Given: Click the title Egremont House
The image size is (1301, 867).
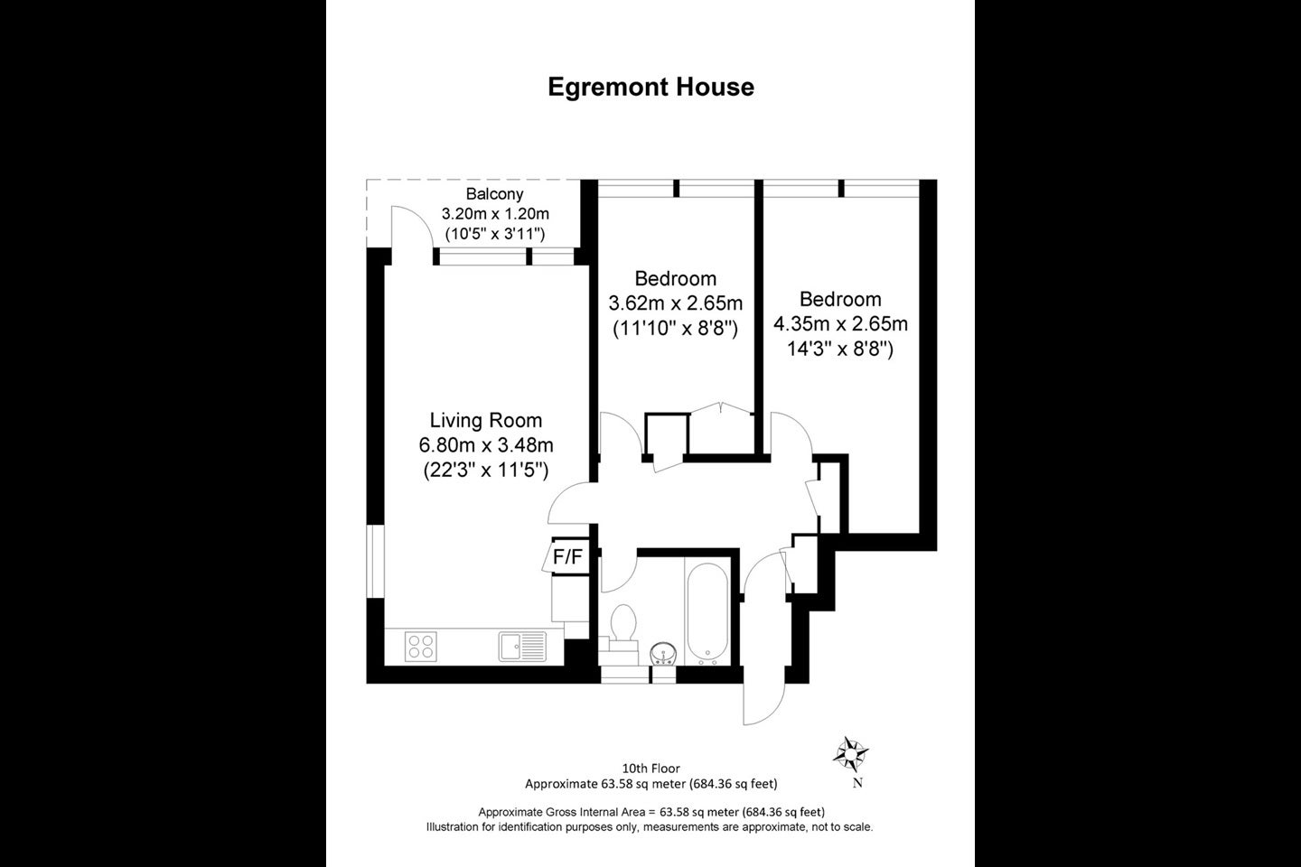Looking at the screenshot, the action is click(x=651, y=87).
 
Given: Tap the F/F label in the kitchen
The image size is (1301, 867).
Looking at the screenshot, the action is click(x=567, y=557).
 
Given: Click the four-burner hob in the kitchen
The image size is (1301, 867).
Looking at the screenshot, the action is click(x=421, y=647).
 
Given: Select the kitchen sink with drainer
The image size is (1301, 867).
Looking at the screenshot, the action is click(x=522, y=647).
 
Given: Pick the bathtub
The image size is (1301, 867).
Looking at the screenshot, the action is click(x=707, y=614).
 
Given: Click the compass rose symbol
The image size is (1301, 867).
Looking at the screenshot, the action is click(x=850, y=754).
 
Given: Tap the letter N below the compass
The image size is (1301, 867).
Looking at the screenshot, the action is click(x=857, y=783).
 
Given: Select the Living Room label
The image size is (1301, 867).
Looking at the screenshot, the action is click(x=485, y=420).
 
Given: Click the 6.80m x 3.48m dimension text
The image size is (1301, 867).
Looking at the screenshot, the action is click(x=485, y=445).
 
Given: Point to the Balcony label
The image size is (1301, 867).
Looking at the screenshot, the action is click(x=494, y=193).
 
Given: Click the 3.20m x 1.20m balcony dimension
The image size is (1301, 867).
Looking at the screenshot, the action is click(x=495, y=214).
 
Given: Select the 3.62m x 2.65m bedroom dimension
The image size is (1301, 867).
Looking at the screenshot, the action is click(x=676, y=303).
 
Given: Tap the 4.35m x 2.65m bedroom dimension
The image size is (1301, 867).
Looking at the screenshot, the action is click(x=840, y=323).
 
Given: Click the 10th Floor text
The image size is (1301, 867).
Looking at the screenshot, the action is click(x=651, y=769).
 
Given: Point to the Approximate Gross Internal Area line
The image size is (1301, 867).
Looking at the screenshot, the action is click(x=651, y=812).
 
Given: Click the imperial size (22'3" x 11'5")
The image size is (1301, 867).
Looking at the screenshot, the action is click(x=485, y=470).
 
